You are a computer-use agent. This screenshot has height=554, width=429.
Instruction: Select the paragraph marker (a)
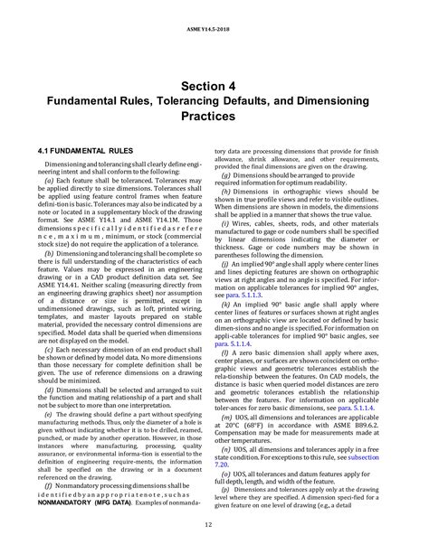tap(49, 181)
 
